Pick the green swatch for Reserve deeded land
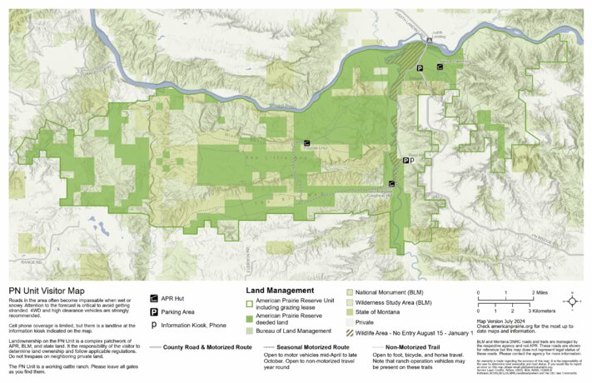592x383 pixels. [x=250, y=318]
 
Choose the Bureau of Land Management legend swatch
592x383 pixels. [x=250, y=331]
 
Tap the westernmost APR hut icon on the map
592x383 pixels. [x=307, y=142]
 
